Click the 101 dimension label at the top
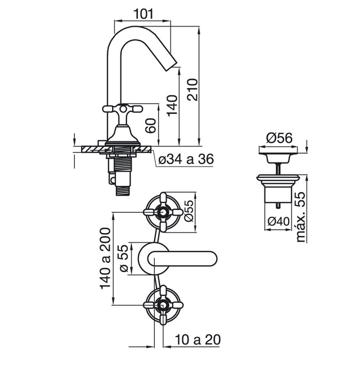(143, 14)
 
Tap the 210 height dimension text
(192, 90)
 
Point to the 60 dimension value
(151, 126)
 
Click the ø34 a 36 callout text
(186, 159)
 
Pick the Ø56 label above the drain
(279, 138)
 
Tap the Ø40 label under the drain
(278, 221)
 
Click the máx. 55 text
(300, 217)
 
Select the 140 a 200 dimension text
(105, 258)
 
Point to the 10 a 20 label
(197, 340)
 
